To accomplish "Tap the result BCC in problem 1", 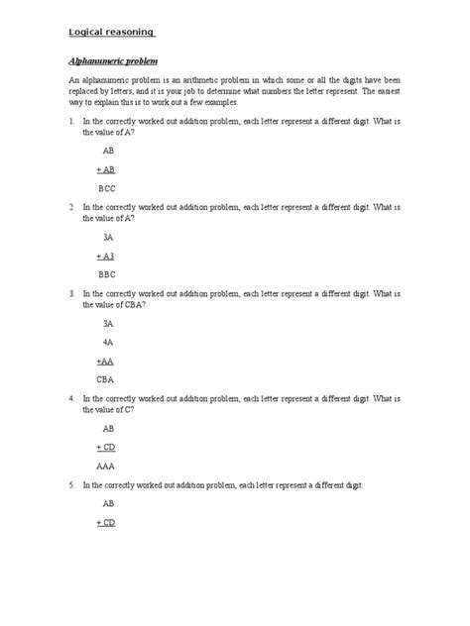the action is click(106, 186).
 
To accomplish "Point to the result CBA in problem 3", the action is click(106, 379).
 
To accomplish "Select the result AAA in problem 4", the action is click(106, 466).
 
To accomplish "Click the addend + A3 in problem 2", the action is click(106, 256).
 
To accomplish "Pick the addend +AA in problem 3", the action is click(106, 362).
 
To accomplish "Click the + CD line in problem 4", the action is click(106, 448).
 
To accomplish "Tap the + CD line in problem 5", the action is click(106, 522).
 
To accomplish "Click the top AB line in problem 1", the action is click(108, 152).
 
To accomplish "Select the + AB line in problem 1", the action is click(106, 169).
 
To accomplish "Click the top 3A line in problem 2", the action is click(108, 238).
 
